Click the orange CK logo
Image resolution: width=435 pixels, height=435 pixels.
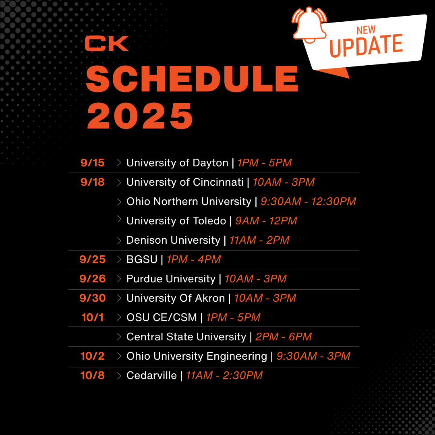[106, 43]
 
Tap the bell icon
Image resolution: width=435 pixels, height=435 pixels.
[310, 23]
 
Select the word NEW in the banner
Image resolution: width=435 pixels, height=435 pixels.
[366, 30]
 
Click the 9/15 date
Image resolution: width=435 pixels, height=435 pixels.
[92, 163]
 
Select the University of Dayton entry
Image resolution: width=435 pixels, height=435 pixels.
[177, 163]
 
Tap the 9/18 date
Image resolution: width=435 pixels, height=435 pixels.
[92, 182]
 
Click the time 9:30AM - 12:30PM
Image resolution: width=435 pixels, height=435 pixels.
[308, 201]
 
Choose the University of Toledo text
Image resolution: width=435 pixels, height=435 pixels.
[176, 221]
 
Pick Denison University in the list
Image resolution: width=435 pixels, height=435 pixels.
[173, 240]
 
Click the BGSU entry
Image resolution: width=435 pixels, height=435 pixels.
[142, 259]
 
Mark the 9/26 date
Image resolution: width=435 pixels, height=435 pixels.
[92, 279]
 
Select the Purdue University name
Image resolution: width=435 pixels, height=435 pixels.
[171, 279]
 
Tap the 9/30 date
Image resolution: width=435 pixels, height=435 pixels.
[92, 298]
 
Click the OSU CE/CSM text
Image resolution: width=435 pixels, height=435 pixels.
[162, 317]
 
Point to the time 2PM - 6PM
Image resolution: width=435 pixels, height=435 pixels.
[284, 337]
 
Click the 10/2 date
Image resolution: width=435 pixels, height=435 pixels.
[92, 356]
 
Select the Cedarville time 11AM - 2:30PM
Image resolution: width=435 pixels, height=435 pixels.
[224, 375]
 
